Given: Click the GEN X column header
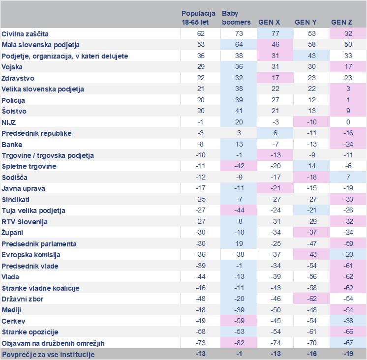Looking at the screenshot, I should tap(269, 22).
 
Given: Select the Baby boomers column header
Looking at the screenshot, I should tap(236, 18).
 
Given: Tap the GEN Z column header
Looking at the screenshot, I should tap(342, 22).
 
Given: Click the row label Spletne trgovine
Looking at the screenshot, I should tap(29, 166).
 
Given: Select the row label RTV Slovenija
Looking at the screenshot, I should tap(25, 222).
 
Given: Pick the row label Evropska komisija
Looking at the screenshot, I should tap(31, 255).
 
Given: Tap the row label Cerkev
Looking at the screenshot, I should tap(14, 321).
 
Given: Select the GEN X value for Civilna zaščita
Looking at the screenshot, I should tap(275, 34).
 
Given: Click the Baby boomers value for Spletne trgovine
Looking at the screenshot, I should tap(238, 166).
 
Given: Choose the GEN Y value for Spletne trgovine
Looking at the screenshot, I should tap(311, 166).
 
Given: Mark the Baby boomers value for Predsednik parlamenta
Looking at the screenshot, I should tap(238, 244).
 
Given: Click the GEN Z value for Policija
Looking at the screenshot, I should tap(348, 100).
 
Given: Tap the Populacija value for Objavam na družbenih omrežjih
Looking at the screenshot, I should tap(200, 343).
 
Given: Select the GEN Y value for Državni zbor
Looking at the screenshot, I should tap(311, 299).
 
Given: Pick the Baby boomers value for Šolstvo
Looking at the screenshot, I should tap(238, 111).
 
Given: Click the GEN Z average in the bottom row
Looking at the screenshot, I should tap(348, 354).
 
